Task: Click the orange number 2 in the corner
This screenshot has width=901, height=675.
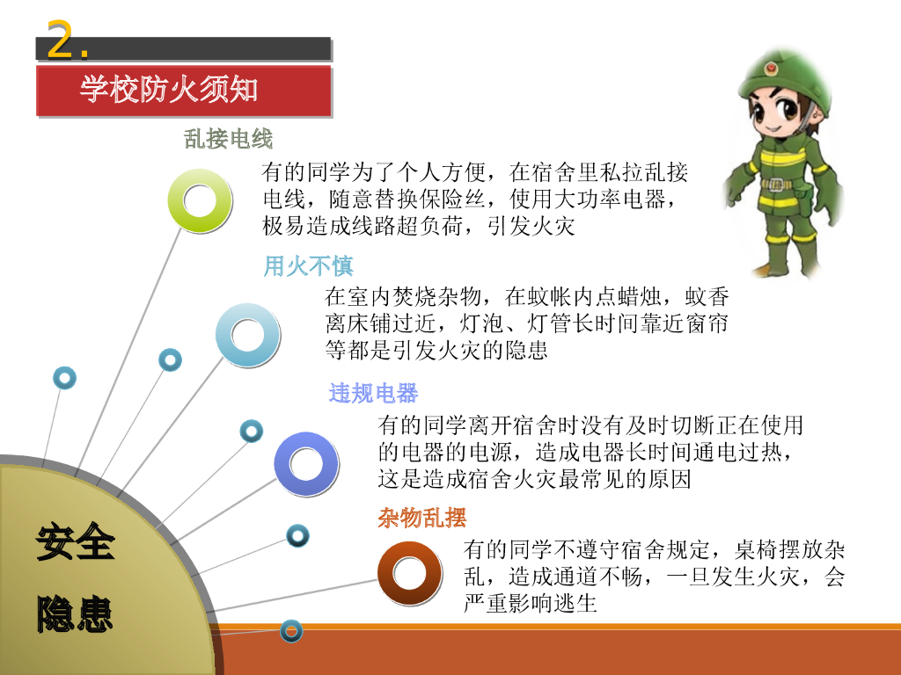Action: [x=59, y=40]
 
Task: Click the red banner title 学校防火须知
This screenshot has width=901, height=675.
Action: [x=169, y=89]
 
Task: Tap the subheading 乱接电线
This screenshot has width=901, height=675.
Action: [x=229, y=138]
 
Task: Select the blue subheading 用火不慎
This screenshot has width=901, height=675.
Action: [x=308, y=265]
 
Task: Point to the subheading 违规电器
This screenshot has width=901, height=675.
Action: [x=373, y=393]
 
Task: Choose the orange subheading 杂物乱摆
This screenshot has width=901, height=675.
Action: [x=421, y=518]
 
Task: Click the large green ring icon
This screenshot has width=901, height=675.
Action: [x=201, y=200]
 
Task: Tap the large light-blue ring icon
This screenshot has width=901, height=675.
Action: [x=248, y=334]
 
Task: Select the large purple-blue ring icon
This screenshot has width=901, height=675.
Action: [x=306, y=463]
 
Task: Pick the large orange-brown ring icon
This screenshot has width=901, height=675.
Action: [x=409, y=573]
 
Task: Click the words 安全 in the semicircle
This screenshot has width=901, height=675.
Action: [x=76, y=541]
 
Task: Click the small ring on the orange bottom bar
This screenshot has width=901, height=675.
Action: [x=291, y=630]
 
